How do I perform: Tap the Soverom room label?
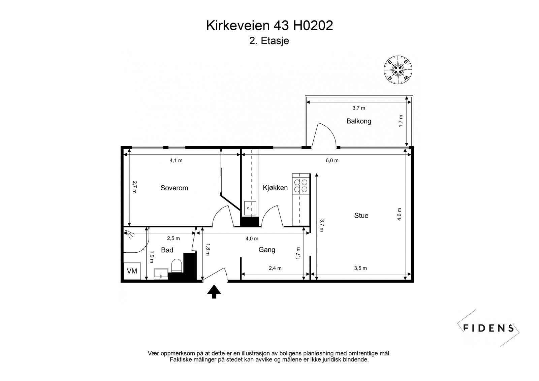tap(174, 188)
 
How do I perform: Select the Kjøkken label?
tap(275, 188)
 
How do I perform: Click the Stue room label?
tap(361, 216)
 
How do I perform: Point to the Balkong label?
tap(359, 121)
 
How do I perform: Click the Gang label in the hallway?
tap(267, 250)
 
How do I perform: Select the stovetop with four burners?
tap(300, 185)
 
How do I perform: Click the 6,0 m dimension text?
tap(332, 161)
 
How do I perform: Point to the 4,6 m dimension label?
tap(400, 214)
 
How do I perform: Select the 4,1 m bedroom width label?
tap(176, 161)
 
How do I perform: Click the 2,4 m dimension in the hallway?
tap(275, 268)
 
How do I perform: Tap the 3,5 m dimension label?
tap(360, 268)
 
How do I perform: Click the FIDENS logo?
tap(488, 328)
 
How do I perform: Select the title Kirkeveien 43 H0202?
tap(269, 26)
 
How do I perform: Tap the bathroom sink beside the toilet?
tap(161, 274)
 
